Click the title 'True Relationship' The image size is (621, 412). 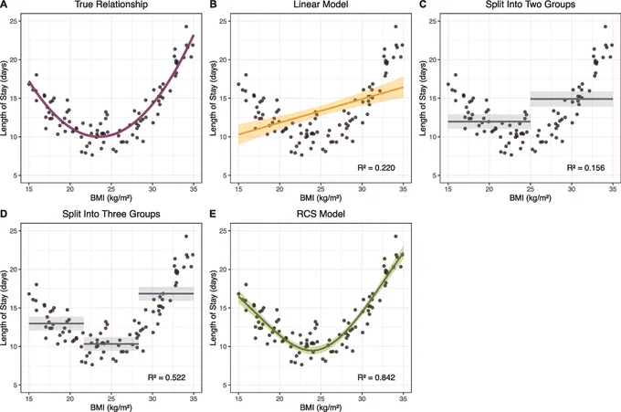pyautogui.click(x=111, y=5)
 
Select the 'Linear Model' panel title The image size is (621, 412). pyautogui.click(x=321, y=5)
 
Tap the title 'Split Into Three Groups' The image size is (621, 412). pyautogui.click(x=111, y=214)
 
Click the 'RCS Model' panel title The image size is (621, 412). pyautogui.click(x=321, y=214)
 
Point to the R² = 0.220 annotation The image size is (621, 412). pyautogui.click(x=376, y=167)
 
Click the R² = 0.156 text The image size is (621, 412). pyautogui.click(x=585, y=167)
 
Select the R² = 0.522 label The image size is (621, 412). pyautogui.click(x=167, y=377)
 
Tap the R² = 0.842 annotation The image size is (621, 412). pyautogui.click(x=376, y=377)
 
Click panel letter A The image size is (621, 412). pyautogui.click(x=4, y=5)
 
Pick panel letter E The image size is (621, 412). pyautogui.click(x=213, y=214)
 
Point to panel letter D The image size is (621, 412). pyautogui.click(x=4, y=214)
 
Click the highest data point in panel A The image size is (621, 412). pyautogui.click(x=186, y=26)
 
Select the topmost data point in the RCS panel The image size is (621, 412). pyautogui.click(x=395, y=236)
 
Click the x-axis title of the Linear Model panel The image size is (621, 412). pyautogui.click(x=321, y=197)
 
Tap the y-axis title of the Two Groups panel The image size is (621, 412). pyautogui.click(x=423, y=98)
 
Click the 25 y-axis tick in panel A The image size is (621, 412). pyautogui.click(x=16, y=21)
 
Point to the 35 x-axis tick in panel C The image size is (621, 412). pyautogui.click(x=613, y=189)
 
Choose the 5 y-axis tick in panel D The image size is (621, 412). pyautogui.click(x=16, y=386)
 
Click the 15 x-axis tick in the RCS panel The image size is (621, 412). pyautogui.click(x=238, y=398)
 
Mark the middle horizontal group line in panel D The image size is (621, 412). pyautogui.click(x=111, y=343)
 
